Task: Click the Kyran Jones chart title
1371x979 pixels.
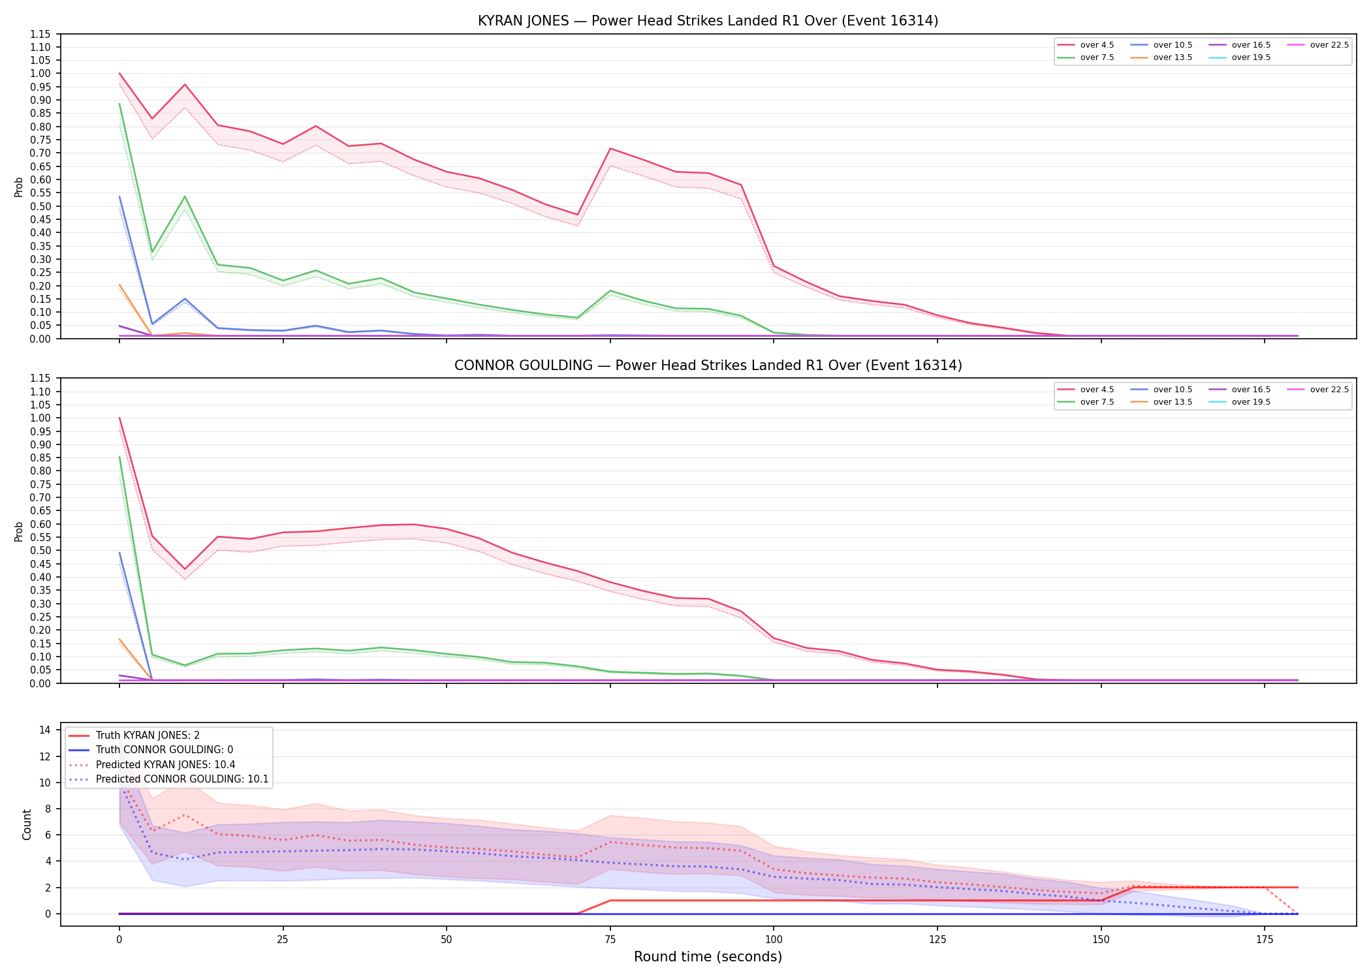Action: tap(708, 21)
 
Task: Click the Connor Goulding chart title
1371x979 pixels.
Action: tap(708, 365)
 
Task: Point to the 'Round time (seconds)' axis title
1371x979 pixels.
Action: tap(708, 957)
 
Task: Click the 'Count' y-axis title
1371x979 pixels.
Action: tap(27, 824)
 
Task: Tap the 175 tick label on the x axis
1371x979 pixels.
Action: tap(1265, 940)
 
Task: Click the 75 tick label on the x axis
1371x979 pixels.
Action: tap(610, 940)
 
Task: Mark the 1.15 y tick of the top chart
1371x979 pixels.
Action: tap(40, 34)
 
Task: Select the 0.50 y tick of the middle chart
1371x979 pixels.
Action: tap(40, 550)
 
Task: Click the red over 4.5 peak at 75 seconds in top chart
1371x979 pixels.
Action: tap(610, 148)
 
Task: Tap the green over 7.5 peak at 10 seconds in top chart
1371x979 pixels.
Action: tap(185, 196)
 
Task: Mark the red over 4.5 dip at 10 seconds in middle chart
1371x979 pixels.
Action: tap(185, 569)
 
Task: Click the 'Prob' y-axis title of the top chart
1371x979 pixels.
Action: tap(19, 187)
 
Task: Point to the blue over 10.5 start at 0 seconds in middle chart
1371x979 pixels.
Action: tap(119, 553)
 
